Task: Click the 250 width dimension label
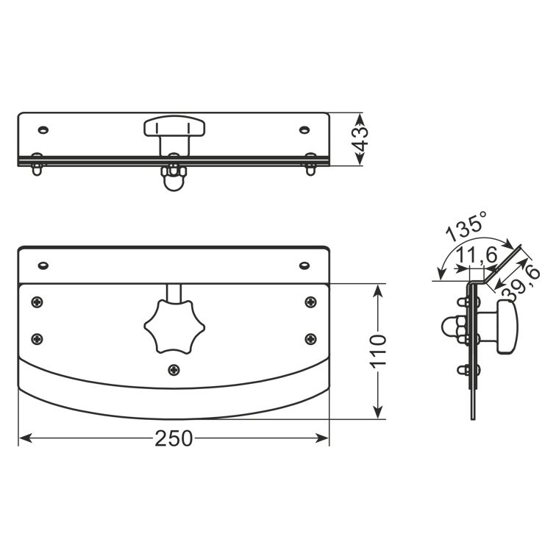[174, 438]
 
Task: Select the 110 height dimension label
[378, 351]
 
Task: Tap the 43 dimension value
[360, 139]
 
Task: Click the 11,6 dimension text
[477, 255]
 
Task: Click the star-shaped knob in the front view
[174, 327]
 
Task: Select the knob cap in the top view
[174, 126]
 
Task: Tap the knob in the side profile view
[507, 327]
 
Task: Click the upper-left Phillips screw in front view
[38, 302]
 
